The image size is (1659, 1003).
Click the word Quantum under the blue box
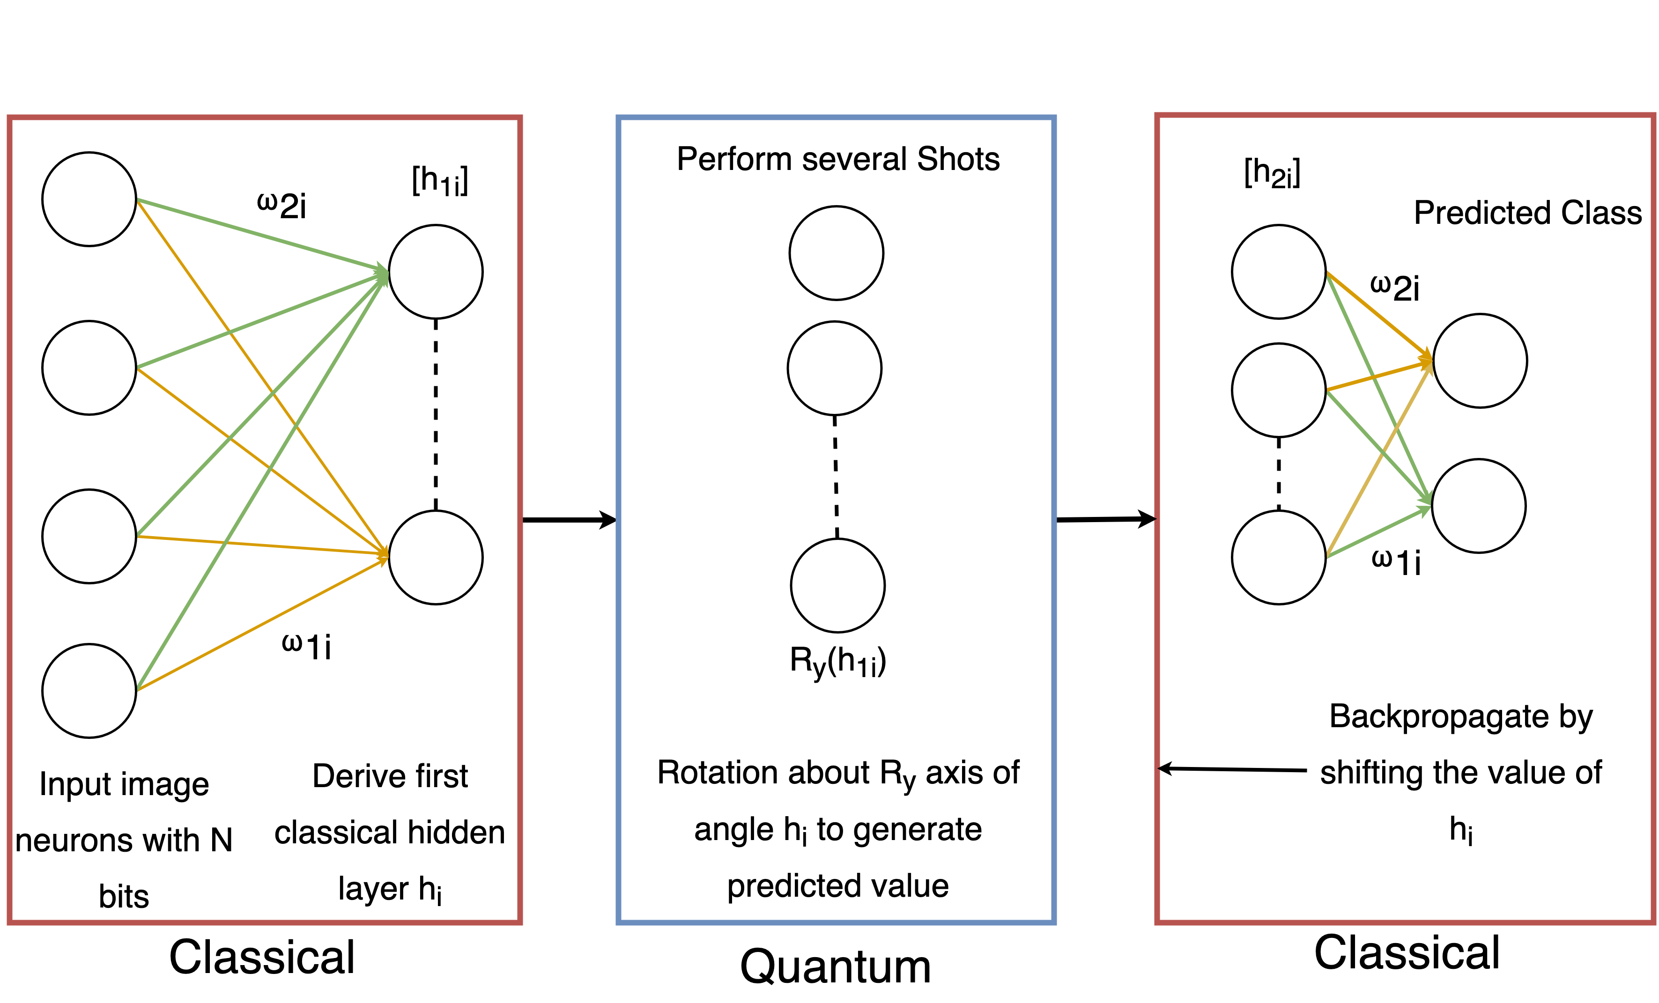pyautogui.click(x=836, y=966)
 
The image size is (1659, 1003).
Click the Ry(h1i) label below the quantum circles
pyautogui.click(x=837, y=662)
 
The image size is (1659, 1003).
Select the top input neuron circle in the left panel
pyautogui.click(x=89, y=199)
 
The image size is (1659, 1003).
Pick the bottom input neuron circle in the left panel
pyautogui.click(x=89, y=691)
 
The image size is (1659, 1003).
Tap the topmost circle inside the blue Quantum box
pyautogui.click(x=836, y=253)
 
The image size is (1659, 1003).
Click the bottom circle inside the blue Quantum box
pyautogui.click(x=837, y=586)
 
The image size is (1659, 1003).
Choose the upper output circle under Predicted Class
pyautogui.click(x=1480, y=361)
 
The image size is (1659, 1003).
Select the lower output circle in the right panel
pyautogui.click(x=1479, y=506)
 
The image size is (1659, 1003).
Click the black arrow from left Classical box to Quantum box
pyautogui.click(x=569, y=520)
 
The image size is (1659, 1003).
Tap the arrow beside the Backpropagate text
pyautogui.click(x=1232, y=769)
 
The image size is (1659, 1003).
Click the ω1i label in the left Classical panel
pyautogui.click(x=306, y=646)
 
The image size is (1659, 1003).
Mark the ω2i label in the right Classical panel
pyautogui.click(x=1395, y=288)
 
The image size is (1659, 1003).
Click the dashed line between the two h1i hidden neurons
pyautogui.click(x=436, y=414)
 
